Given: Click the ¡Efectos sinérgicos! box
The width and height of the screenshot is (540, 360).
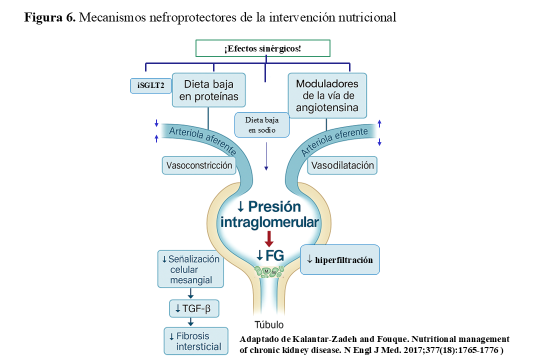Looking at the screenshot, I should [262, 48].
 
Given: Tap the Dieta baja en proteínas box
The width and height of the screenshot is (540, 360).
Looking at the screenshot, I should [209, 90].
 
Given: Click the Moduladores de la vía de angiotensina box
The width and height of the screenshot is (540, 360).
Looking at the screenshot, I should [327, 96].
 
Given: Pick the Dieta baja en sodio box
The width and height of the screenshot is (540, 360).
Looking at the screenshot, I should [262, 125].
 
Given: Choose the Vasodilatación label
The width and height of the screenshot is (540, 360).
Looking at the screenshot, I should [342, 165].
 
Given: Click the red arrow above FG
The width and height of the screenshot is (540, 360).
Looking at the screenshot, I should [269, 238].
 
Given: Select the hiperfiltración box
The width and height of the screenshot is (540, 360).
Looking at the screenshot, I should [339, 259].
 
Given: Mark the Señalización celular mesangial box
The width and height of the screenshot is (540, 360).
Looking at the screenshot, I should [190, 269].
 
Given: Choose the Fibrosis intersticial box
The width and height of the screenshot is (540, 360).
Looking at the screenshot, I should [195, 341].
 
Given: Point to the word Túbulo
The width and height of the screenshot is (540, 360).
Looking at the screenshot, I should [269, 324].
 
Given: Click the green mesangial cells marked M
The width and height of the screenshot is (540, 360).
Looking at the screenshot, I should [270, 271].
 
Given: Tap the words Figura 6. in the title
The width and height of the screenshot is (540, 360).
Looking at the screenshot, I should [50, 18].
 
